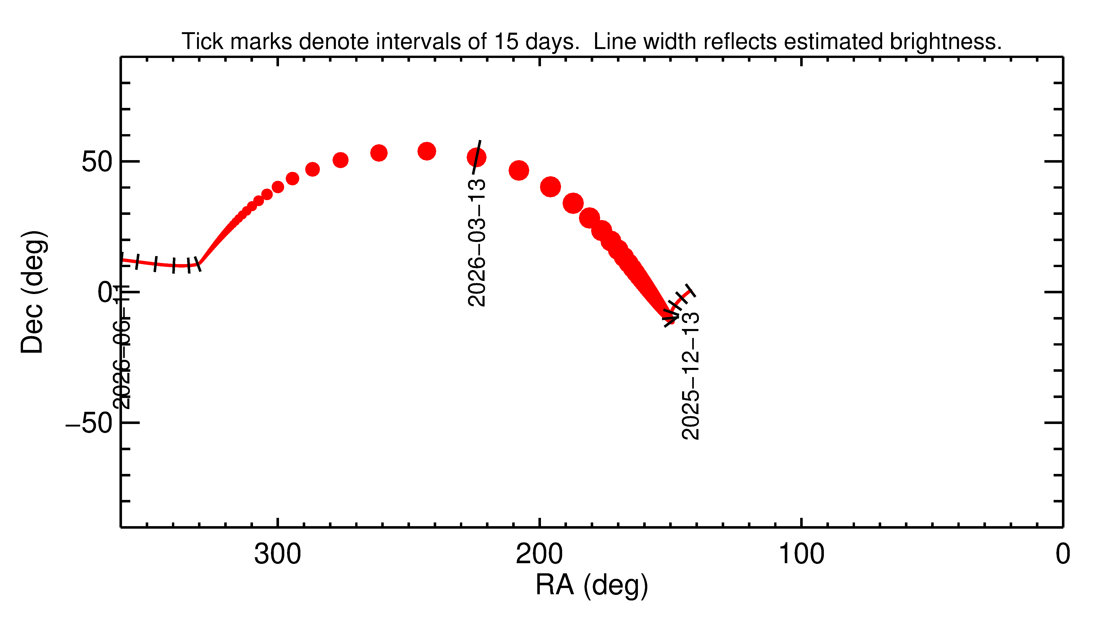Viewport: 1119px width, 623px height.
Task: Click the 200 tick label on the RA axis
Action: coord(539,554)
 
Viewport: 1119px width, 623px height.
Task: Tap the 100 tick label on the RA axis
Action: coord(801,554)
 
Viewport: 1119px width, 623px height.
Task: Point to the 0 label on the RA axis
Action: coord(1063,554)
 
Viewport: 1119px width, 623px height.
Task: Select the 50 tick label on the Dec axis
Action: coord(96,162)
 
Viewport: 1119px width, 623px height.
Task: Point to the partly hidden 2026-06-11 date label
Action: coord(122,347)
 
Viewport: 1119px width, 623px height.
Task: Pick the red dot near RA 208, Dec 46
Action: coord(519,170)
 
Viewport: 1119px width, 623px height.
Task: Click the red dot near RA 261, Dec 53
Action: coord(379,153)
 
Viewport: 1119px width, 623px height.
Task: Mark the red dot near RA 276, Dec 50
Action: coord(340,160)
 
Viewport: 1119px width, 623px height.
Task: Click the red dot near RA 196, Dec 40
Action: coord(550,187)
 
